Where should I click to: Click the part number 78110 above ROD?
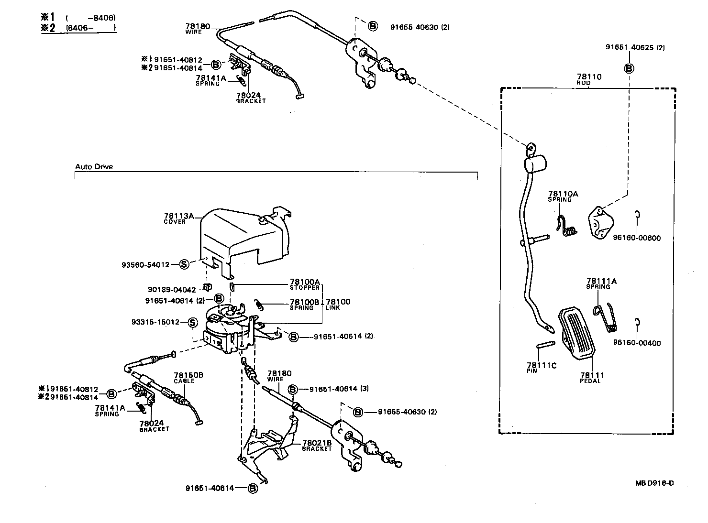pyautogui.click(x=589, y=76)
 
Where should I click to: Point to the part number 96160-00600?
pyautogui.click(x=637, y=238)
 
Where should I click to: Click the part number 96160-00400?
pyautogui.click(x=637, y=343)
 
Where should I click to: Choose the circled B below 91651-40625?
pyautogui.click(x=629, y=68)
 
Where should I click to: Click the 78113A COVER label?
pyautogui.click(x=178, y=218)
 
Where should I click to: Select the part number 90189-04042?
pyautogui.click(x=172, y=289)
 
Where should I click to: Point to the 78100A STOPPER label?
pyautogui.click(x=304, y=284)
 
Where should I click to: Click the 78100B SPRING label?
pyautogui.click(x=304, y=304)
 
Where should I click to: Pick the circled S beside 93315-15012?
pyautogui.click(x=192, y=322)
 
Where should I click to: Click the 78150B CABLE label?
pyautogui.click(x=188, y=377)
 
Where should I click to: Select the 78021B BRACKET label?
pyautogui.click(x=317, y=445)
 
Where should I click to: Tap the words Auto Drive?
pyautogui.click(x=94, y=167)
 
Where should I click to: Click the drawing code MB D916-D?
pyautogui.click(x=654, y=483)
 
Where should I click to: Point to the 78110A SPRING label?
pyautogui.click(x=563, y=196)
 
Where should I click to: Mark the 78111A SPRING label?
pyautogui.click(x=601, y=283)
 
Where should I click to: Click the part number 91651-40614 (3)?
pyautogui.click(x=339, y=389)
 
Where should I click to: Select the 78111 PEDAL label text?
pyautogui.click(x=592, y=377)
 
